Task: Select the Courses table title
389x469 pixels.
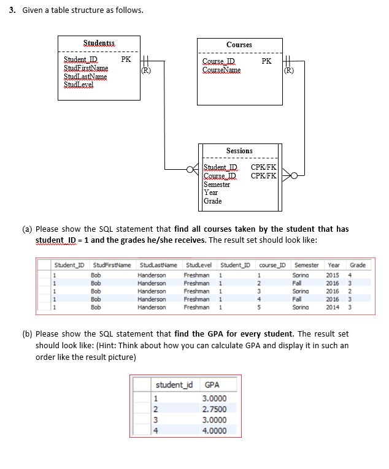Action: click(239, 45)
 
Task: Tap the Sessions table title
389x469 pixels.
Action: click(239, 151)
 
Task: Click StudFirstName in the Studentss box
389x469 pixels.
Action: click(86, 68)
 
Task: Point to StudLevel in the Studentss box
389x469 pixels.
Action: click(79, 85)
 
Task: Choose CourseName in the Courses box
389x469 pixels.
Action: click(221, 70)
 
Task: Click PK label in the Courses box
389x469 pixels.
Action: click(266, 61)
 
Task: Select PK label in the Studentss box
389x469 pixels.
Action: click(126, 59)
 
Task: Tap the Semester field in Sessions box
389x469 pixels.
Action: click(217, 184)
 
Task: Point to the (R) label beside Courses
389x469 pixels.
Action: click(289, 70)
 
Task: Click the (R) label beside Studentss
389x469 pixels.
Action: click(146, 70)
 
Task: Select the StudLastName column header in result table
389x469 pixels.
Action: click(158, 265)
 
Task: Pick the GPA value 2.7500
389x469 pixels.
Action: click(214, 409)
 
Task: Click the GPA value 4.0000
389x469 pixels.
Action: click(214, 430)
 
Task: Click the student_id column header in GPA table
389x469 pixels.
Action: click(174, 385)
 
